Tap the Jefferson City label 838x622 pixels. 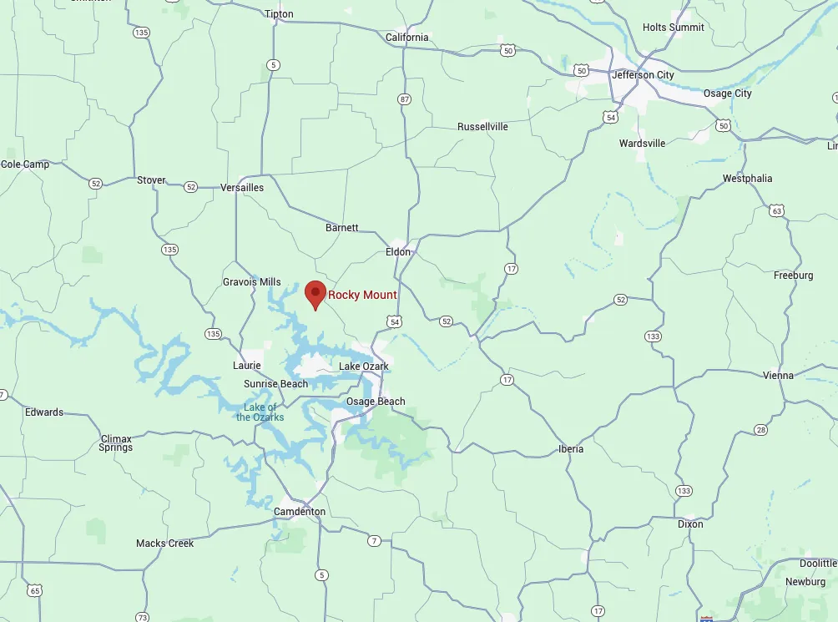pos(643,75)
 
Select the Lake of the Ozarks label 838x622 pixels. pos(260,412)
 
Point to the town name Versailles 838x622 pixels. pos(242,188)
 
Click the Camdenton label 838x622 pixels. pos(300,512)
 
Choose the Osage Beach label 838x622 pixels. pos(376,402)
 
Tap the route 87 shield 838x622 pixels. pos(405,99)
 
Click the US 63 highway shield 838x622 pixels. pos(777,211)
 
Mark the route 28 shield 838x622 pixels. pos(760,430)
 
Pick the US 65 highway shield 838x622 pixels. pos(34,591)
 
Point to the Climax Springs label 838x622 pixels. pos(116,443)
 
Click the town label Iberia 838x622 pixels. pos(571,449)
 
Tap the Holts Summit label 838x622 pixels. pos(673,28)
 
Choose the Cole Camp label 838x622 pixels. pos(25,164)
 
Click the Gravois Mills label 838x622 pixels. pos(252,282)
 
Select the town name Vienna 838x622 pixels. pos(778,376)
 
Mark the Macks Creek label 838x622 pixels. pos(164,544)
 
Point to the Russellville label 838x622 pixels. pos(482,127)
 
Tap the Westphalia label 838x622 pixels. pos(747,179)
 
